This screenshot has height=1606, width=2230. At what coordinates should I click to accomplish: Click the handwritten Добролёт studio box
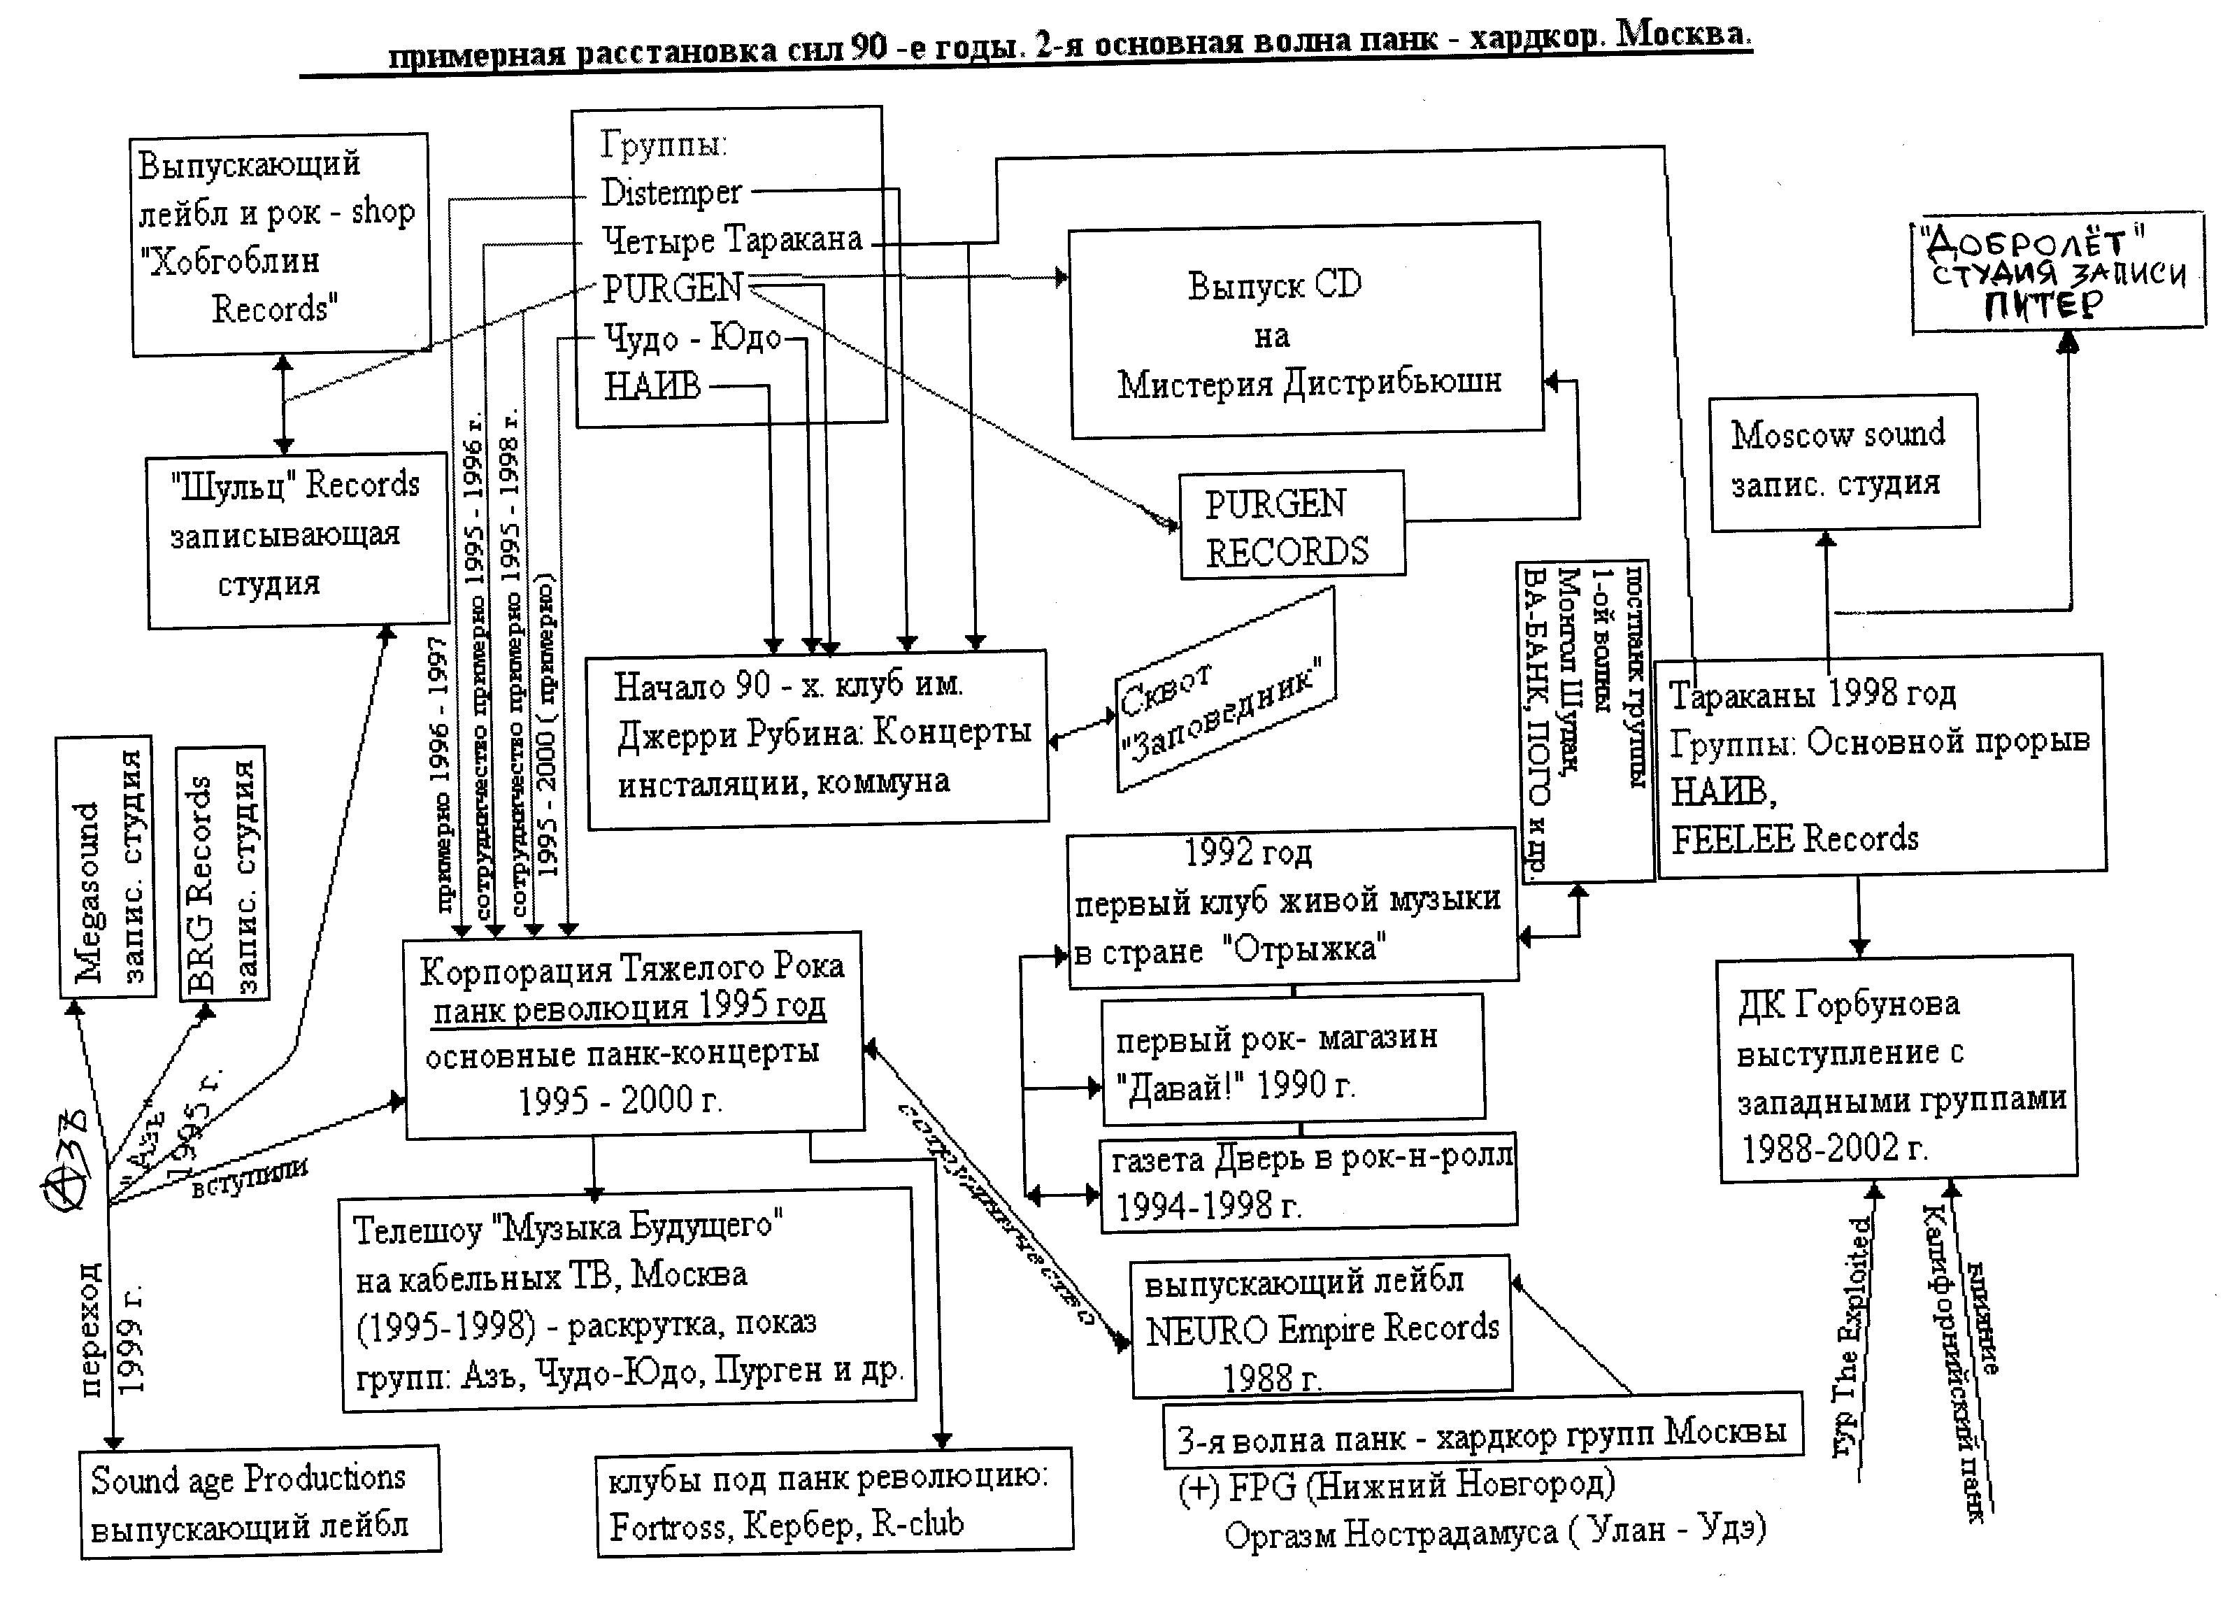pos(2058,272)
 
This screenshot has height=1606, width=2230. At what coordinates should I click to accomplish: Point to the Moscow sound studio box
pos(1843,461)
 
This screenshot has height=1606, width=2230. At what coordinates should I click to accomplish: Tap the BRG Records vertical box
pos(222,874)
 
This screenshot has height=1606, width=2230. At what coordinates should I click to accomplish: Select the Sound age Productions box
pos(259,1502)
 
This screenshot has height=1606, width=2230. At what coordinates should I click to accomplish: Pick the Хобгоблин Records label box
pos(280,244)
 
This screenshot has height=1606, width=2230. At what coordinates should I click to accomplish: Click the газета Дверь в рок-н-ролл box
pos(1308,1182)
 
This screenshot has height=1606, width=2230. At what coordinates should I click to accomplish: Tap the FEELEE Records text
pos(1794,839)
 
